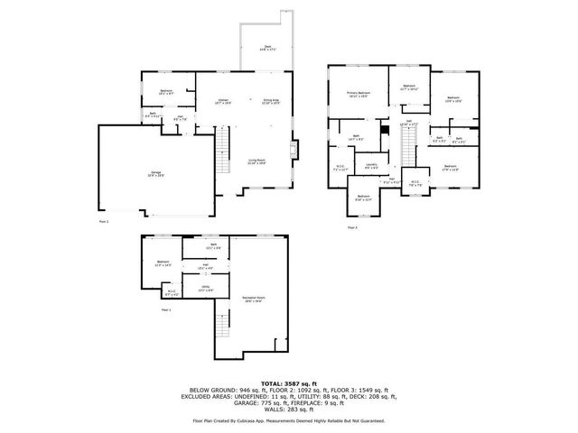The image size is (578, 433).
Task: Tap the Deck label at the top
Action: (x=267, y=48)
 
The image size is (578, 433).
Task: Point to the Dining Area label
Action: (x=270, y=102)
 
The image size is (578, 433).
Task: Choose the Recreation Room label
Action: (x=254, y=299)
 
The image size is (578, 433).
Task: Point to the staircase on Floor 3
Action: (x=420, y=144)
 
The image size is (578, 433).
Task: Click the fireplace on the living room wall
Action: (x=294, y=149)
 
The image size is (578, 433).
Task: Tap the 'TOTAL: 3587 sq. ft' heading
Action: (x=288, y=383)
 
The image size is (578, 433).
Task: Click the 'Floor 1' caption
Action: (x=166, y=309)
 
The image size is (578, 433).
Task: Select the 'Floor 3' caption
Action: (x=352, y=227)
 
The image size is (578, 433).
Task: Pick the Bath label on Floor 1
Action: (x=213, y=246)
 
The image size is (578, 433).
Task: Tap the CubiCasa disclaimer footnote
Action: (x=288, y=420)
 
